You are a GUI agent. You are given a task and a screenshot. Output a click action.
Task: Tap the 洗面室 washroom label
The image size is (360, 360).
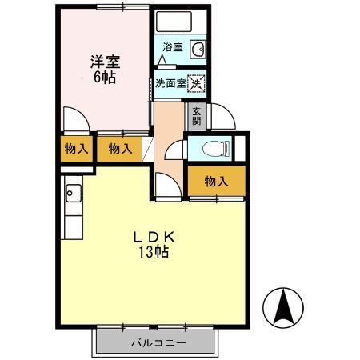point(170,83)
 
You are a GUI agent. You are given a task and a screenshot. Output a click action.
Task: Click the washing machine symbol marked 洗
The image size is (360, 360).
point(197,82)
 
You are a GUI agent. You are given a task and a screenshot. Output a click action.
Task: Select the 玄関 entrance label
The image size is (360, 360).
point(197,115)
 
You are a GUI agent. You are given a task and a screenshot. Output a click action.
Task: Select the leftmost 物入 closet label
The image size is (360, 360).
point(75,149)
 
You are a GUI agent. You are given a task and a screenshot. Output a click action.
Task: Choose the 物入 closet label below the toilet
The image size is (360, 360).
point(216,182)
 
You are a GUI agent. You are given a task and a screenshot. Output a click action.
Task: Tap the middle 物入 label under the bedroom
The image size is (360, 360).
point(120,149)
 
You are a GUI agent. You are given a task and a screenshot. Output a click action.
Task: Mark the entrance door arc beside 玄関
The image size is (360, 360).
point(222,117)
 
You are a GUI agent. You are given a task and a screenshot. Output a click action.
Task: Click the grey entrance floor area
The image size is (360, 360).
point(197,116)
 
